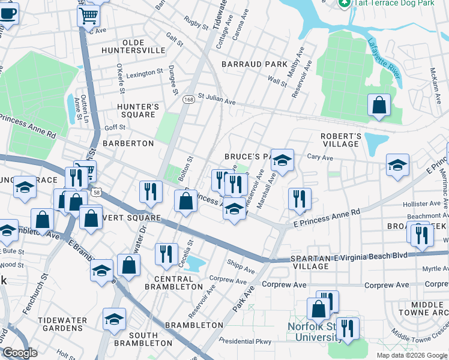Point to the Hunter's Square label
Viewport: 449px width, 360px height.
pos(138,110)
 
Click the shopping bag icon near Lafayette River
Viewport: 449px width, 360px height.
pos(379,106)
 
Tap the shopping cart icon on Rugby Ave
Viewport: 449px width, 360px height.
pos(88,15)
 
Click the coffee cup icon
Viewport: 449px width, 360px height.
pos(8,13)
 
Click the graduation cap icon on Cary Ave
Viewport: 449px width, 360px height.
pos(397,165)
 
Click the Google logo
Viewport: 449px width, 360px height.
pos(20,353)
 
